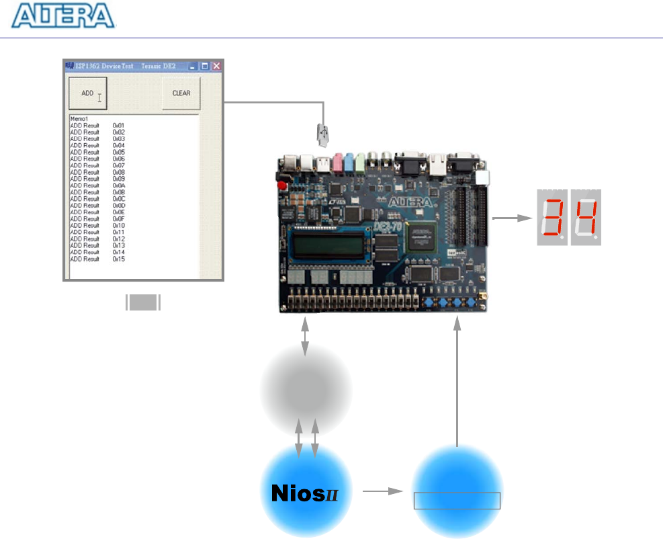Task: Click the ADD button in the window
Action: pos(88,94)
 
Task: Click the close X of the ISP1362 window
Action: pos(216,67)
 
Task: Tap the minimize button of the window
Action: pos(193,67)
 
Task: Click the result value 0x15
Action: pos(118,259)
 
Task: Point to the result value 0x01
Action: pos(118,126)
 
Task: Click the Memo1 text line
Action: pos(79,119)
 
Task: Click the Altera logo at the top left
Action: pos(63,16)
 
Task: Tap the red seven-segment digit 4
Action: pos(584,218)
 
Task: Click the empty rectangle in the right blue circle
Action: pos(457,501)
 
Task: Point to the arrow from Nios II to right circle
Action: pos(381,492)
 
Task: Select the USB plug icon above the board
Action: pos(324,135)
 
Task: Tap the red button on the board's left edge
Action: pos(281,185)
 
